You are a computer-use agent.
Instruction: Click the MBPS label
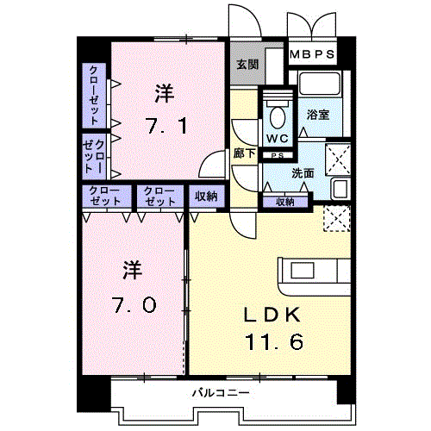312,54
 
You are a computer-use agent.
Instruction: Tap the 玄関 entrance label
247,65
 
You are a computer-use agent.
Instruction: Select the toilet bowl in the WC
278,117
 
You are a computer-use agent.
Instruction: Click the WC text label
278,139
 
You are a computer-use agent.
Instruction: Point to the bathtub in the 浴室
320,84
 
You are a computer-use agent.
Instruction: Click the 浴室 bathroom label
318,115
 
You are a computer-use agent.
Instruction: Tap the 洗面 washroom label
303,173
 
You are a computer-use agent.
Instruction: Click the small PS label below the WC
278,155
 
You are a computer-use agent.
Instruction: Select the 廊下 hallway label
244,153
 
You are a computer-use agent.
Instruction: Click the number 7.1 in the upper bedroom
166,126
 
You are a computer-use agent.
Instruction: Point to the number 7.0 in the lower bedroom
134,304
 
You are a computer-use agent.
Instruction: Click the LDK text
272,315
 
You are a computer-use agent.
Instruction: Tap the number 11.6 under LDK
274,341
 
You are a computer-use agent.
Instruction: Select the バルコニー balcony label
221,392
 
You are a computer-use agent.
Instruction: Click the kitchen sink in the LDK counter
303,271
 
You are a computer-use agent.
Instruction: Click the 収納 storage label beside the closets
206,197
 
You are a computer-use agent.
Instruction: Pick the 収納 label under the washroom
285,202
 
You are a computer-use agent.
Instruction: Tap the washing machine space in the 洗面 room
338,159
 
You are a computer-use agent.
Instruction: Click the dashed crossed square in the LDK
337,218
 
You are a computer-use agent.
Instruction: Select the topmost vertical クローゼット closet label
94,95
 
